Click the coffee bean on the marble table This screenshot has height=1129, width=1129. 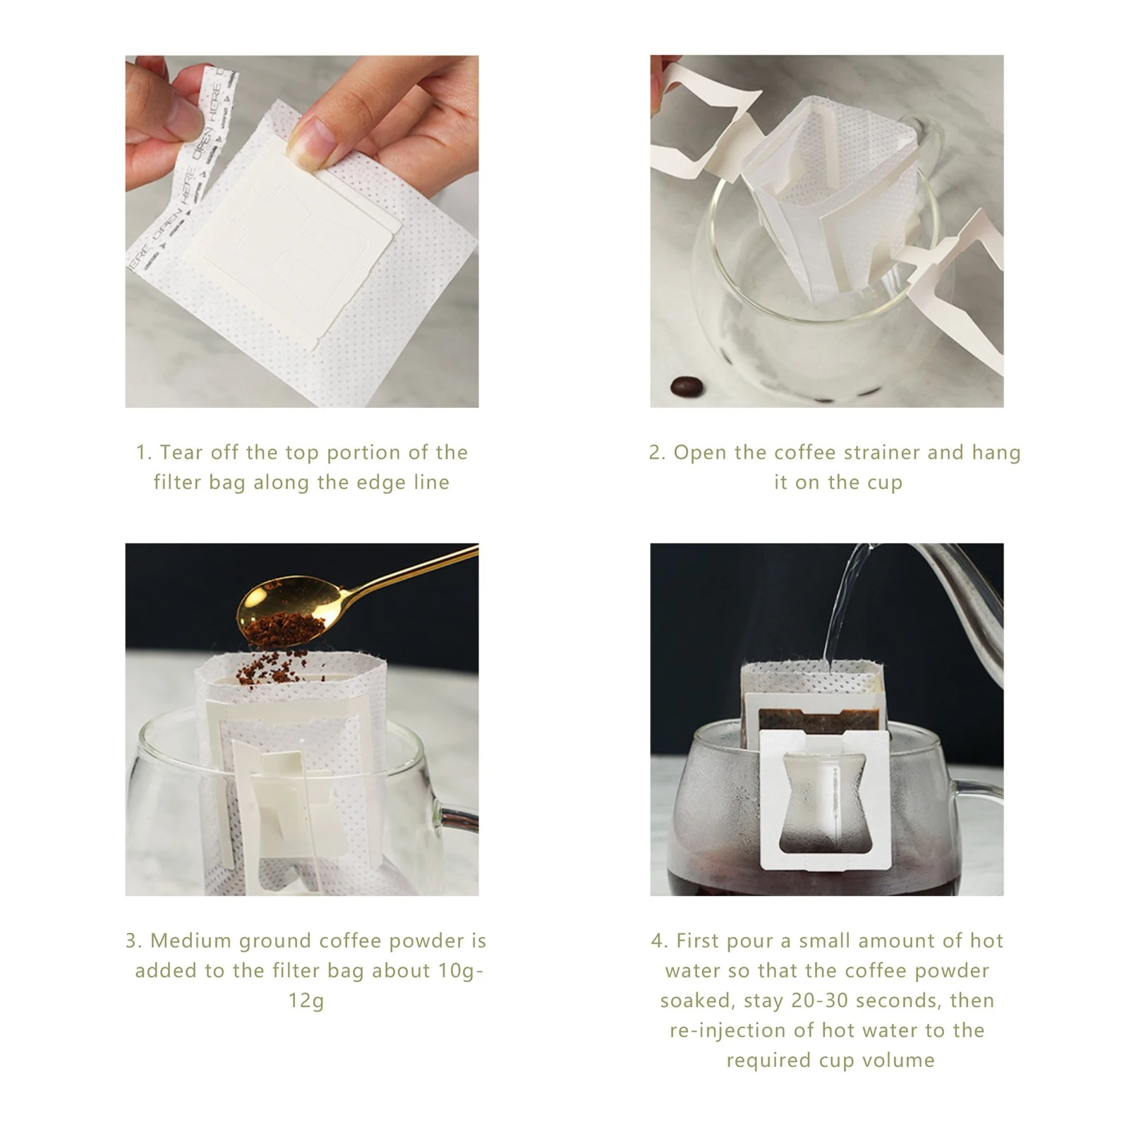(x=686, y=386)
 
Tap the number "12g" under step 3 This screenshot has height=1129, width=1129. (x=306, y=1001)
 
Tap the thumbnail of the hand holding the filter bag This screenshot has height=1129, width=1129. (x=302, y=231)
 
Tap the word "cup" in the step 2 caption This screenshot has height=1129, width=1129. (x=886, y=483)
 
